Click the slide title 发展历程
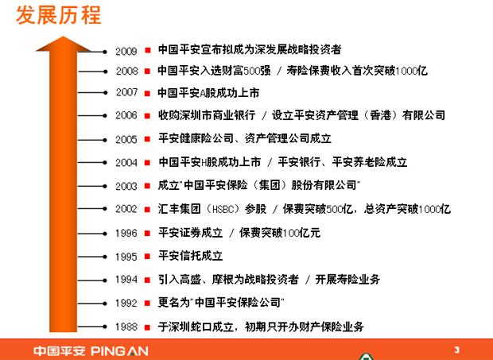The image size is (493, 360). tap(59, 15)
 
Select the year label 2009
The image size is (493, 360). tap(126, 51)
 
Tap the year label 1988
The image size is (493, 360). tap(126, 327)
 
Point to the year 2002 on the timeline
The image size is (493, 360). tap(126, 209)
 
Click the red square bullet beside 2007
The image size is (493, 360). tap(147, 93)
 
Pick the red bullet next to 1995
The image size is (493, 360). tap(147, 257)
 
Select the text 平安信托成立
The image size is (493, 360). tap(191, 256)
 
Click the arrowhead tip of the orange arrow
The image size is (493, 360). tap(63, 37)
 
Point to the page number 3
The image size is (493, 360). tap(457, 350)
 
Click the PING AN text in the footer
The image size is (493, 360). tap(119, 351)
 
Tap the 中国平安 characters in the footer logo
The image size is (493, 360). tap(60, 351)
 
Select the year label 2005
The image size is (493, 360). tap(126, 140)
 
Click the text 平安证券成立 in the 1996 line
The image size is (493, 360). tap(191, 233)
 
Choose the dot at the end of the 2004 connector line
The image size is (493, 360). tap(105, 162)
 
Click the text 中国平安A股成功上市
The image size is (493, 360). tap(208, 93)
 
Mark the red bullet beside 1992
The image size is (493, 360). tap(147, 303)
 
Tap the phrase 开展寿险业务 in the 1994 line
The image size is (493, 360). tap(347, 279)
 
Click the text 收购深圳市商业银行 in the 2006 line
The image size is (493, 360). tap(207, 115)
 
